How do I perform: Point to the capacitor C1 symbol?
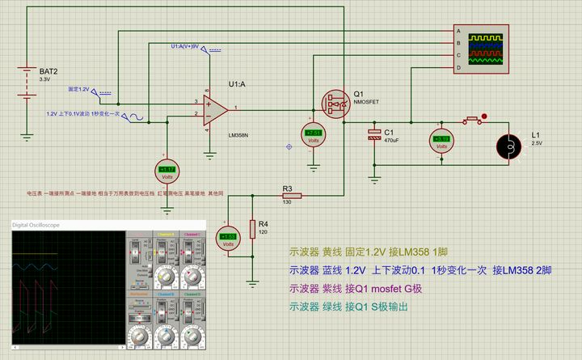[x=374, y=133]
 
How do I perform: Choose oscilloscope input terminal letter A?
[x=458, y=32]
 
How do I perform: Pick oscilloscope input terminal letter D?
[x=458, y=67]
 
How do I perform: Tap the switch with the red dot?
[x=475, y=121]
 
